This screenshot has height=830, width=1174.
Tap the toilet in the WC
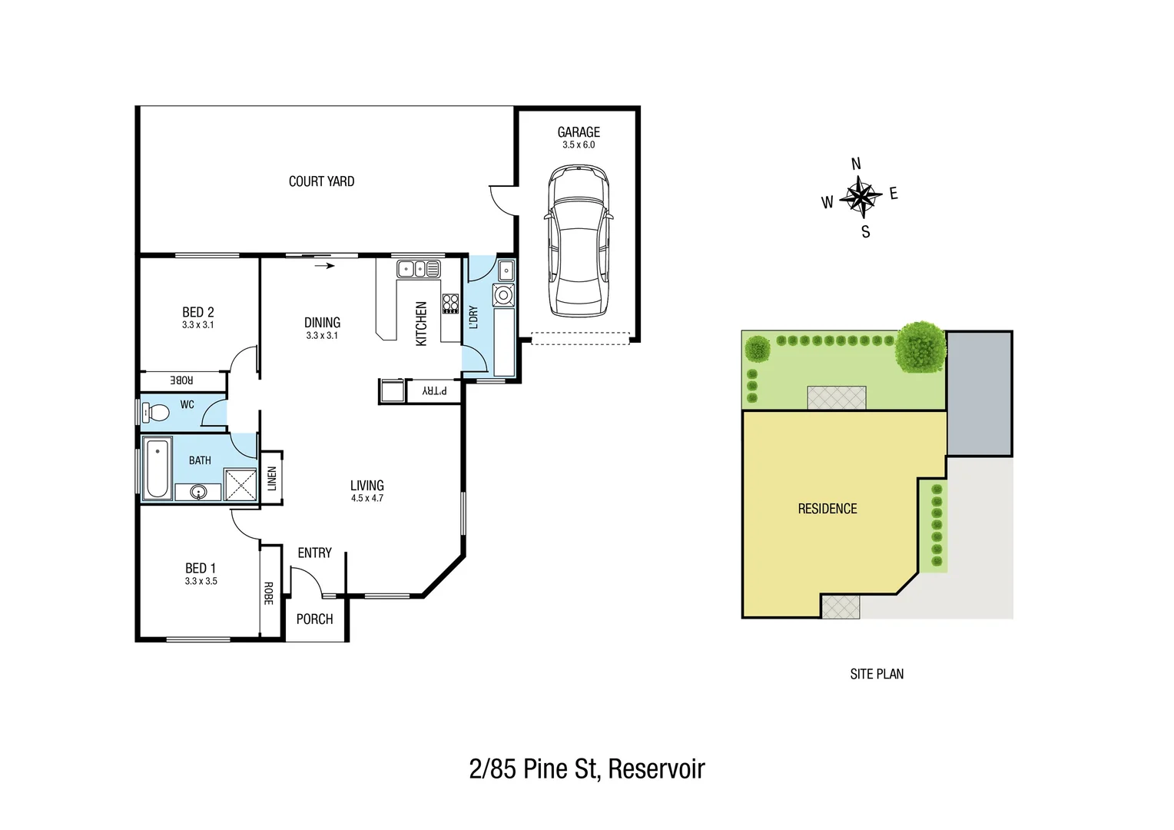click(156, 413)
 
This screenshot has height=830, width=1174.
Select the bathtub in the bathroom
click(158, 468)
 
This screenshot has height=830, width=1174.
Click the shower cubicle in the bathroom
click(240, 484)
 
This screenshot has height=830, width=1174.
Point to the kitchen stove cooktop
click(450, 304)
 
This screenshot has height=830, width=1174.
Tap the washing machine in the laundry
click(504, 294)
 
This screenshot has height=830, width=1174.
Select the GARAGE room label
click(579, 132)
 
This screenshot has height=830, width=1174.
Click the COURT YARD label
click(321, 181)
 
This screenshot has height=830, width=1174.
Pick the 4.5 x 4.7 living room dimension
click(366, 498)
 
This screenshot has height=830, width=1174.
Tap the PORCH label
click(314, 619)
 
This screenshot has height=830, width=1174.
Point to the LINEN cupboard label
click(271, 478)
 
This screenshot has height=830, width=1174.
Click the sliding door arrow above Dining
click(325, 266)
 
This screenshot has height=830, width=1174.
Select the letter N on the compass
click(856, 164)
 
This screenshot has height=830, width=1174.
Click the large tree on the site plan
click(920, 347)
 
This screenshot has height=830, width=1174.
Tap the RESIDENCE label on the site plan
click(827, 509)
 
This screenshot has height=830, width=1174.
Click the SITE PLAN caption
click(877, 674)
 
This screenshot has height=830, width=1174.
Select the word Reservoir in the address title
click(656, 769)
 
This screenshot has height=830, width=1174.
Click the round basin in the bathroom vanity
click(198, 492)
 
